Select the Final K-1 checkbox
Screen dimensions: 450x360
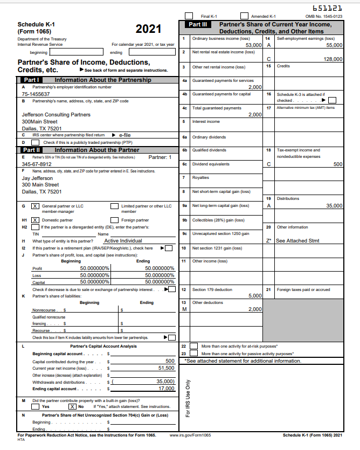[x=189, y=16]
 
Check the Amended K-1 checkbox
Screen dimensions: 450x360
[x=244, y=16]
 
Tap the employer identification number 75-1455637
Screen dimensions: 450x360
[x=36, y=94]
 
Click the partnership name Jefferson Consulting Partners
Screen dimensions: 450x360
[x=56, y=115]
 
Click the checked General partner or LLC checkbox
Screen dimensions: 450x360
[x=35, y=206]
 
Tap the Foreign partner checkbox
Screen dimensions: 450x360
[x=114, y=220]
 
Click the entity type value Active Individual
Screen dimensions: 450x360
[x=123, y=241]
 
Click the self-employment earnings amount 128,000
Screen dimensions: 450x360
[x=333, y=59]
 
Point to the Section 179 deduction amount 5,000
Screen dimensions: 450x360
[x=254, y=296]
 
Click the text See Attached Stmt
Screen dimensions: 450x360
[x=298, y=241]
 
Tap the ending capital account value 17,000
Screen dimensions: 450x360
[x=166, y=389]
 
